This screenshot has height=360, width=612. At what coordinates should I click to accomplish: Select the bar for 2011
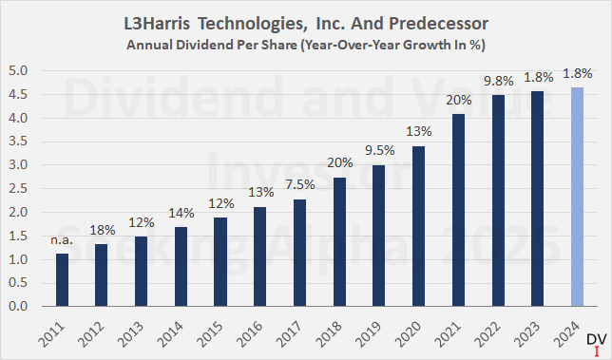pyautogui.click(x=63, y=280)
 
